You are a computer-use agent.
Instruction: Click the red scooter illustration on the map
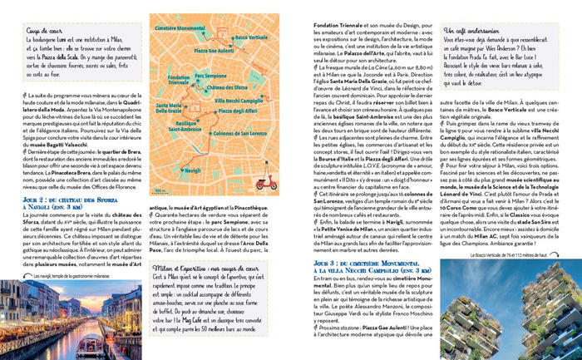point(267,183)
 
